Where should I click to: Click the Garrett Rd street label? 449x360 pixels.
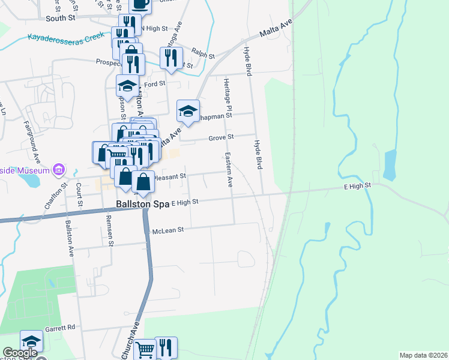[62, 328]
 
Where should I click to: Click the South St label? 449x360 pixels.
[59, 19]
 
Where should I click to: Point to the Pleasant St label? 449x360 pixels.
[171, 177]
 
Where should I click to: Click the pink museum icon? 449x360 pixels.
[58, 170]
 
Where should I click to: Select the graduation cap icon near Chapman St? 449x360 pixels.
[188, 111]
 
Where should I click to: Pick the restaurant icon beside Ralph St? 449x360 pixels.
[171, 58]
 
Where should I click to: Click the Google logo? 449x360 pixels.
[19, 353]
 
